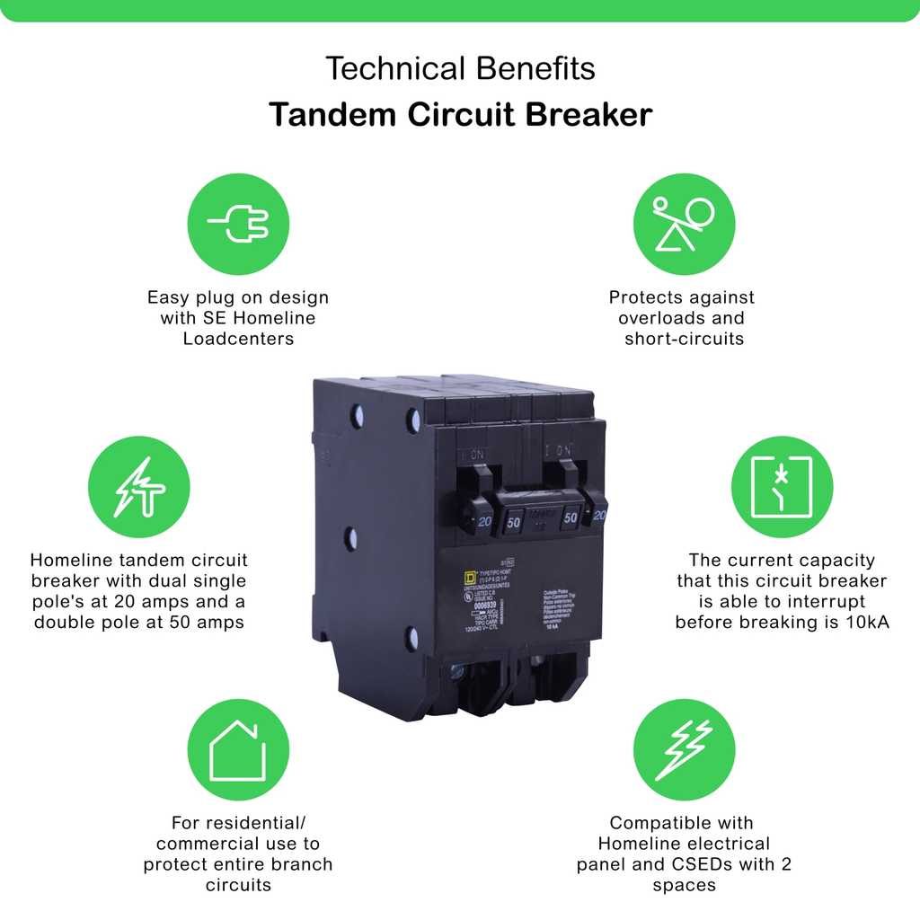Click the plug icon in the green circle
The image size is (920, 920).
point(238,224)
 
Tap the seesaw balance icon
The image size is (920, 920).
point(684,224)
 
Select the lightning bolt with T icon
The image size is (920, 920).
point(139,487)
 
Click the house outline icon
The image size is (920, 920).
point(238,749)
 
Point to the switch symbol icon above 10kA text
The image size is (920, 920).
point(782,487)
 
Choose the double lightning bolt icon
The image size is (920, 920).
point(684,749)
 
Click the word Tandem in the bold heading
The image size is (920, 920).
point(324,115)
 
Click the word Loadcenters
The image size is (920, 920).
point(238,339)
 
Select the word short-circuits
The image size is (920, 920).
point(685,339)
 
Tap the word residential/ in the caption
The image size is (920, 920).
point(238,822)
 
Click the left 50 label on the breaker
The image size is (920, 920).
point(514,521)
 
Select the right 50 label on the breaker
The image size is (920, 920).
point(570,518)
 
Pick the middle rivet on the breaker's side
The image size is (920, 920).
point(351,538)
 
